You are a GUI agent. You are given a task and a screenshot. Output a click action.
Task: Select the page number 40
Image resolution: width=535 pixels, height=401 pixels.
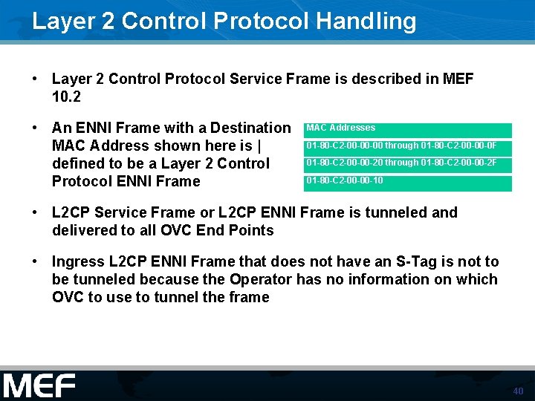pos(518,391)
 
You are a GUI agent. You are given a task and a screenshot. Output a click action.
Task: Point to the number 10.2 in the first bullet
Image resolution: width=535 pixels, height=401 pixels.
pos(66,97)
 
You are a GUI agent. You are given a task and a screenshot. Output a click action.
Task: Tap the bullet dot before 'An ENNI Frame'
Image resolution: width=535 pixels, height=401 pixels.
pos(35,128)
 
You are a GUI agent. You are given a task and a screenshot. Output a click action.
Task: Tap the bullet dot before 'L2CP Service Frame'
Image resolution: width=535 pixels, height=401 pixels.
pos(35,212)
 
